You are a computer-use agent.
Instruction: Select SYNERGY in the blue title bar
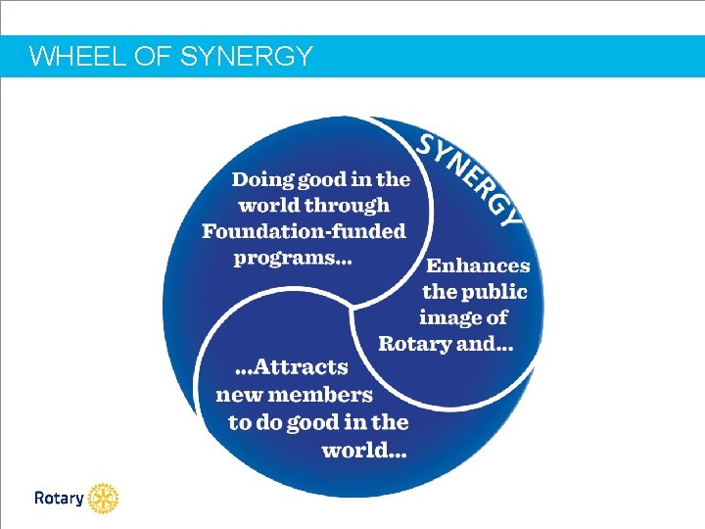[x=247, y=57]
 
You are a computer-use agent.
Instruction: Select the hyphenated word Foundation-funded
[x=304, y=232]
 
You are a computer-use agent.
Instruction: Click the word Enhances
[x=478, y=265]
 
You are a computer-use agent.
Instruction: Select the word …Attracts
[x=293, y=368]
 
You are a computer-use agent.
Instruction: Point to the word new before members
[x=238, y=396]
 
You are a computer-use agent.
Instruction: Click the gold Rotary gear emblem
[x=103, y=499]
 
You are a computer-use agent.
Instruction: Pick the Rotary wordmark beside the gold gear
[x=59, y=499]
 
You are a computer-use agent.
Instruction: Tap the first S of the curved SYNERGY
[x=428, y=144]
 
